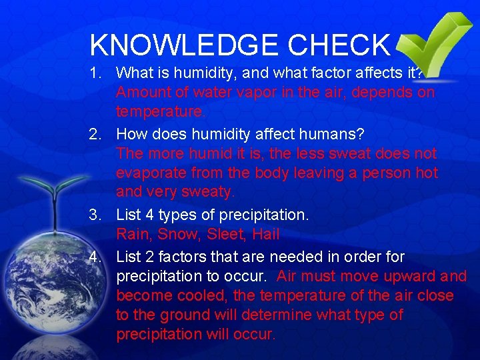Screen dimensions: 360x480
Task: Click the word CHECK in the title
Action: pyautogui.click(x=339, y=45)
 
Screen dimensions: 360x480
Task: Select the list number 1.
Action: pyautogui.click(x=97, y=71)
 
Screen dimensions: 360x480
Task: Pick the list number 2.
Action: pyautogui.click(x=97, y=134)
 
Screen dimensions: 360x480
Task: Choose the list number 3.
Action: pyautogui.click(x=97, y=215)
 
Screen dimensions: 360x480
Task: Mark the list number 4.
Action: pyautogui.click(x=97, y=257)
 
